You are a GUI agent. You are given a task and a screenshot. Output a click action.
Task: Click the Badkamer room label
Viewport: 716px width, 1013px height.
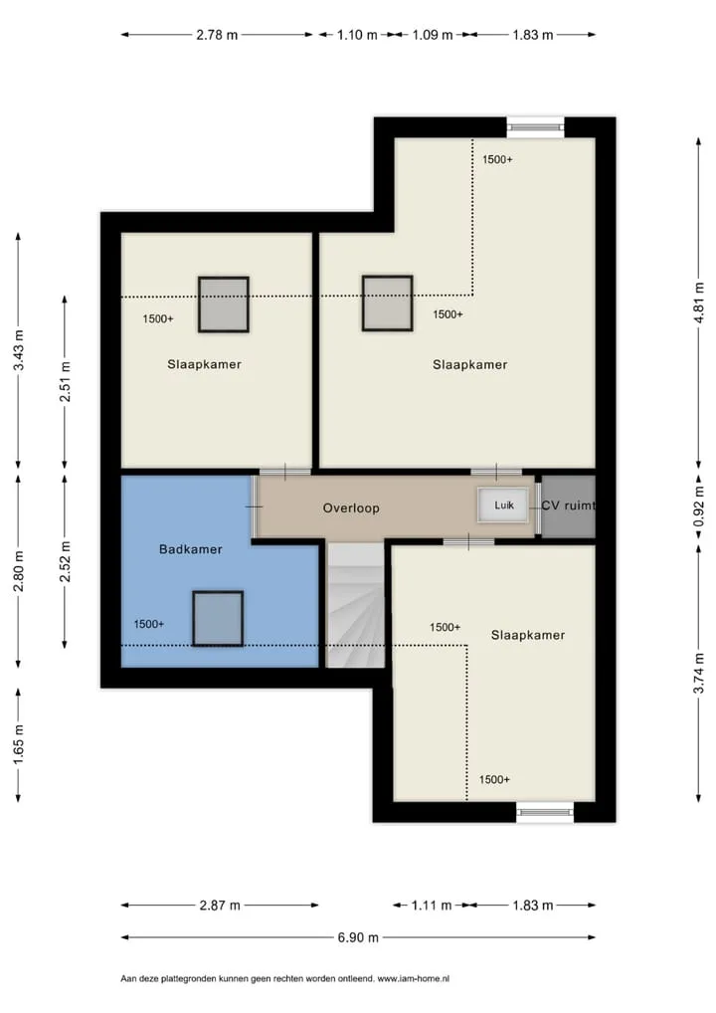coord(191,549)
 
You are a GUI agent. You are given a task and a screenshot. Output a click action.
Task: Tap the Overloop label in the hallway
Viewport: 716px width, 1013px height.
coord(351,507)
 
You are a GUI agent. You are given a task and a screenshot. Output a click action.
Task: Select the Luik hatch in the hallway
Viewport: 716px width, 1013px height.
coord(503,505)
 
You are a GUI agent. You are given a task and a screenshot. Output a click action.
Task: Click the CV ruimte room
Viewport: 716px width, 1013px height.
coord(568,506)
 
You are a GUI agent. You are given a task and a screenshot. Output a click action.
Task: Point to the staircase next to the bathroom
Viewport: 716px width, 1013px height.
coord(356,605)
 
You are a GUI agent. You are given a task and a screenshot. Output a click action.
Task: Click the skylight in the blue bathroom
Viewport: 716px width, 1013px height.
coord(218,618)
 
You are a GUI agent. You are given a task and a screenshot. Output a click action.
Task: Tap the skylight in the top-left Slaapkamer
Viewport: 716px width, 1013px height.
coord(224,304)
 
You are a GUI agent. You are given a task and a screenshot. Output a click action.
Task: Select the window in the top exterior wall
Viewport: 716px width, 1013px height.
coord(535,126)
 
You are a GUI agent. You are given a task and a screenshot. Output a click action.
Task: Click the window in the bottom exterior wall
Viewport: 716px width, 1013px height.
coord(545,812)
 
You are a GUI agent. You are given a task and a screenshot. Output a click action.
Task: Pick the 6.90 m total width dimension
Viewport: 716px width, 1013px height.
coord(358,937)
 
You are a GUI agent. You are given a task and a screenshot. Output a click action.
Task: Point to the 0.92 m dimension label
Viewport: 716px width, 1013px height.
coord(699,506)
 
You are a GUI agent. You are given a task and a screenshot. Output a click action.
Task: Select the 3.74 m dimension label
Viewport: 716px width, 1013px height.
coord(699,674)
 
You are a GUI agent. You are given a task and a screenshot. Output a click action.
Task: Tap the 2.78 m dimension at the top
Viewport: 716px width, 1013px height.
coord(217,35)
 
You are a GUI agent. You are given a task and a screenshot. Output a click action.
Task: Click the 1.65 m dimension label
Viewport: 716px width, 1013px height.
coord(19,745)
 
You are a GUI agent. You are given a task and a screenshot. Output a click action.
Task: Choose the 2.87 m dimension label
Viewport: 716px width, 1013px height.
coord(220,906)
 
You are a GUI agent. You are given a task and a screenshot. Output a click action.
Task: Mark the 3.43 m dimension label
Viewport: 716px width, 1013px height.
coord(19,350)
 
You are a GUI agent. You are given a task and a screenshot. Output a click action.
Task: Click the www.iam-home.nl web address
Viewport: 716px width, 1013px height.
coord(414,979)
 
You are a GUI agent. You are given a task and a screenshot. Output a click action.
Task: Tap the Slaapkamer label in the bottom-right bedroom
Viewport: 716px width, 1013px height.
coord(528,635)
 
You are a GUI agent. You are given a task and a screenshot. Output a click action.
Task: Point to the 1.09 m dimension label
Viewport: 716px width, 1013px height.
coord(433,35)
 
